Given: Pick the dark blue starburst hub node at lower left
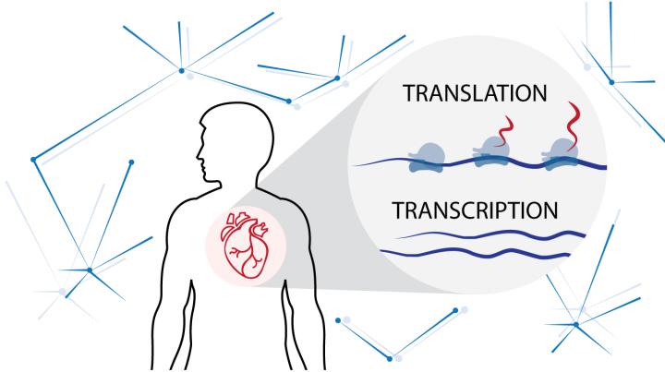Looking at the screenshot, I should pyautogui.click(x=90, y=270).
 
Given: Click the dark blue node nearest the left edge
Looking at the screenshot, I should pyautogui.click(x=35, y=160).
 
